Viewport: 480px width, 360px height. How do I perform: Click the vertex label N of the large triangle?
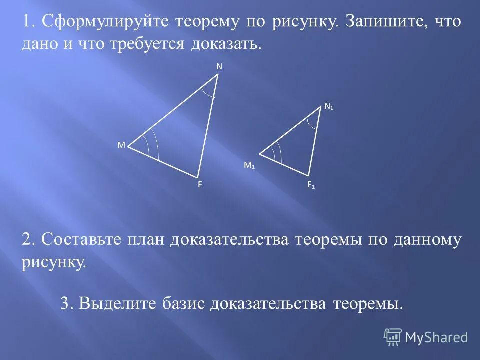coord(219,66)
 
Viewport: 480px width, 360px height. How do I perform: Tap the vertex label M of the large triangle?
coord(121,145)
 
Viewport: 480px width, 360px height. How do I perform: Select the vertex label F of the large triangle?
coord(200,184)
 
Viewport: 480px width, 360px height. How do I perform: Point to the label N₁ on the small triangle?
coord(329,106)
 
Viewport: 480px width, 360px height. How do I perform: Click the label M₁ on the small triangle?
coord(249,165)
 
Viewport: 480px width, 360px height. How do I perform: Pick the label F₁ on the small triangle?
coord(311,185)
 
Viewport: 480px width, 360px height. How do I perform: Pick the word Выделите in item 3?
coord(118,303)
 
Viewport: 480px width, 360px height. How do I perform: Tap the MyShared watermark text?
coord(436,338)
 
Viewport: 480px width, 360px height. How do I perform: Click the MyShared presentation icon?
coord(393,337)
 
